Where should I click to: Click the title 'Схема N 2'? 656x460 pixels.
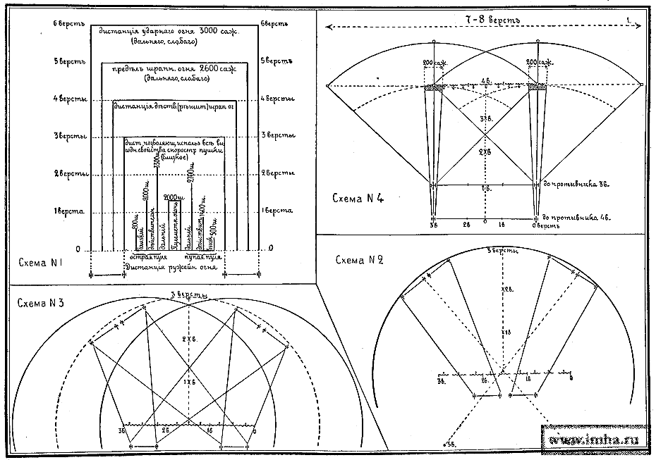[x=359, y=260]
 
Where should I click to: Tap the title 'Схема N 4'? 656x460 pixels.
[x=359, y=199]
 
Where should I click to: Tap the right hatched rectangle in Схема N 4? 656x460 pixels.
[x=538, y=86]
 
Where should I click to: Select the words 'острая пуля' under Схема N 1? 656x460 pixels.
[x=150, y=257]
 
